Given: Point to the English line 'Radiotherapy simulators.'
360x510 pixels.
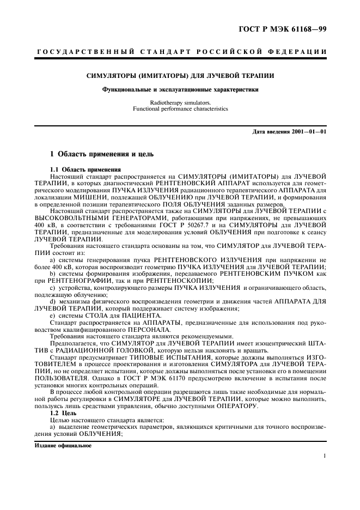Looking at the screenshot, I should [x=180, y=102].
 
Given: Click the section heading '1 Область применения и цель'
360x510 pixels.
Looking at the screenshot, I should [x=102, y=155].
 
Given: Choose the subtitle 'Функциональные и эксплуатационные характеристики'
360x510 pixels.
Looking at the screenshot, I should [x=180, y=89].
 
